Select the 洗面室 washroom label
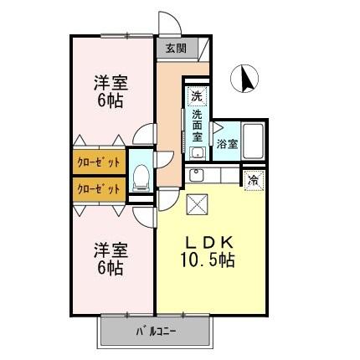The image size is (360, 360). click(198, 126)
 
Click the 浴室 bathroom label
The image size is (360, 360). click(227, 144)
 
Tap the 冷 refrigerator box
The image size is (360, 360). click(252, 179)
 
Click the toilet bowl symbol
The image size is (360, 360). click(141, 177)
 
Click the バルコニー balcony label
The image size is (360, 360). click(155, 332)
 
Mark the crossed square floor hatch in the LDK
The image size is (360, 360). click(198, 203)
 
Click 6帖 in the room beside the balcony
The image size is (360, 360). click(110, 268)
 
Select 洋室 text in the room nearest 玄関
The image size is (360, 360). click(110, 83)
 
